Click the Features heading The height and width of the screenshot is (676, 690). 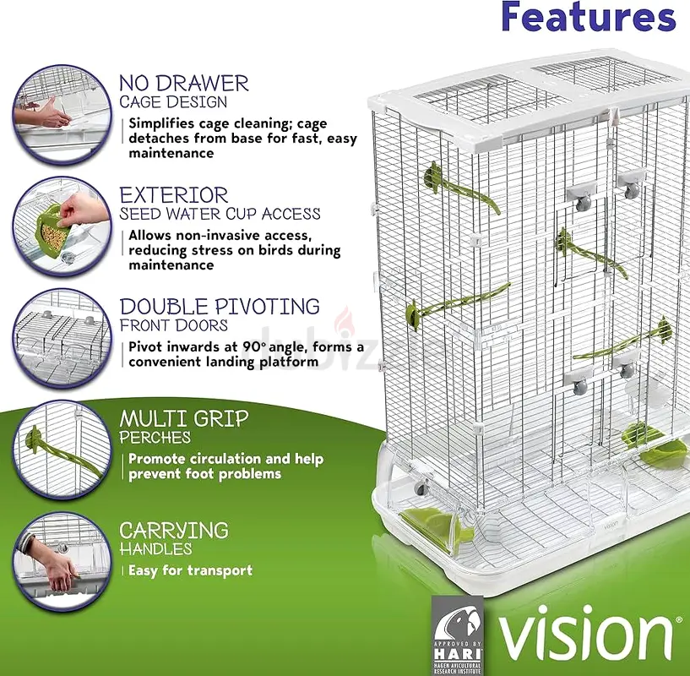589,16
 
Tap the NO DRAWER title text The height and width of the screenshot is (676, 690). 184,84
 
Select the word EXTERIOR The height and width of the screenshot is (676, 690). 174,195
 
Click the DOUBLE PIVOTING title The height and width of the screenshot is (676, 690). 220,307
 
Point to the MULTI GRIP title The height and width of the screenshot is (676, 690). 184,419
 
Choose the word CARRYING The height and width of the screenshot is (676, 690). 174,530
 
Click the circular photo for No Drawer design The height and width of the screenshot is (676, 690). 62,115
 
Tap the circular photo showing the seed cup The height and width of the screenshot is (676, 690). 62,226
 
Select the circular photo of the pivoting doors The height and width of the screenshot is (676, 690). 62,338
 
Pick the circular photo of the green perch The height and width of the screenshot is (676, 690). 62,450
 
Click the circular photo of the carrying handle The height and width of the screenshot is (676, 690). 62,562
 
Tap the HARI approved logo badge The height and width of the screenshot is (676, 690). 458,635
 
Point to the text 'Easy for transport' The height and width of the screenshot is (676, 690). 191,570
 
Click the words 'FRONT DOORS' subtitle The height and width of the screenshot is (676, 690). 174,325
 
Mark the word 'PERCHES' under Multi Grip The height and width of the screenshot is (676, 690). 155,438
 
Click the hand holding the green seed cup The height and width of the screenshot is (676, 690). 83,210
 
